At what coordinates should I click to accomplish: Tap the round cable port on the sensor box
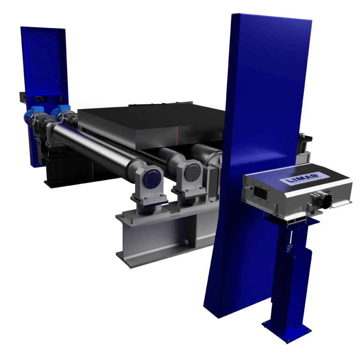pyautogui.click(x=323, y=199)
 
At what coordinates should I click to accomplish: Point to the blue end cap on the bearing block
pyautogui.click(x=151, y=179)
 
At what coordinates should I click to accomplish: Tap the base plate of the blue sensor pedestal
pyautogui.click(x=285, y=329)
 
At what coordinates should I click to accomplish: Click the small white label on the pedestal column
pyautogui.click(x=290, y=244)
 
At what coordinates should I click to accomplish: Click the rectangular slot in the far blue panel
pyautogui.click(x=39, y=98)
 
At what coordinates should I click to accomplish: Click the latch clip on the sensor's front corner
pyautogui.click(x=246, y=186)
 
